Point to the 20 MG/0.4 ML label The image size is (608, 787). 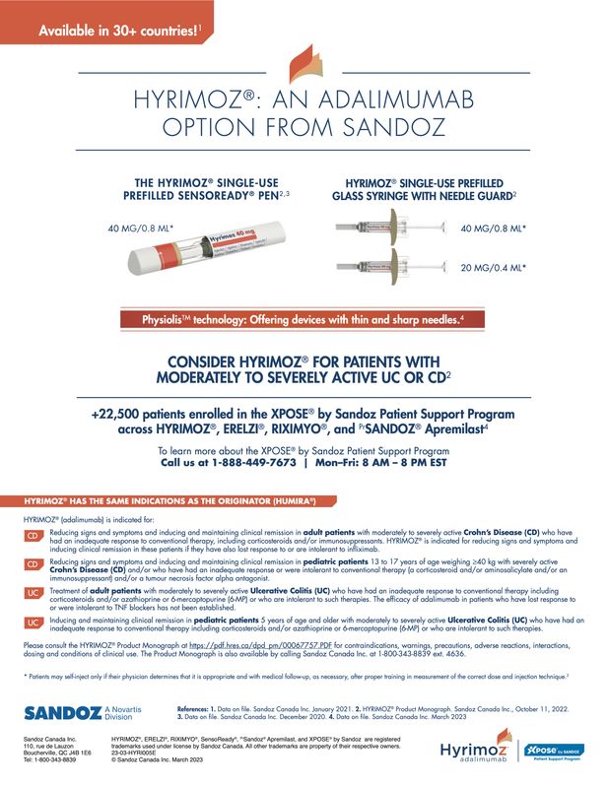tap(494, 267)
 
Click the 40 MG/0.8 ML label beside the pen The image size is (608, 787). tap(140, 229)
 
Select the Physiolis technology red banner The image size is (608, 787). tap(304, 320)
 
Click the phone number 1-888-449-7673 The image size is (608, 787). tap(253, 460)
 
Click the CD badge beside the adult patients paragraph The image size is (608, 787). tap(33, 537)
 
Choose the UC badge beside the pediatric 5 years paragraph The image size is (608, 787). tap(33, 623)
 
